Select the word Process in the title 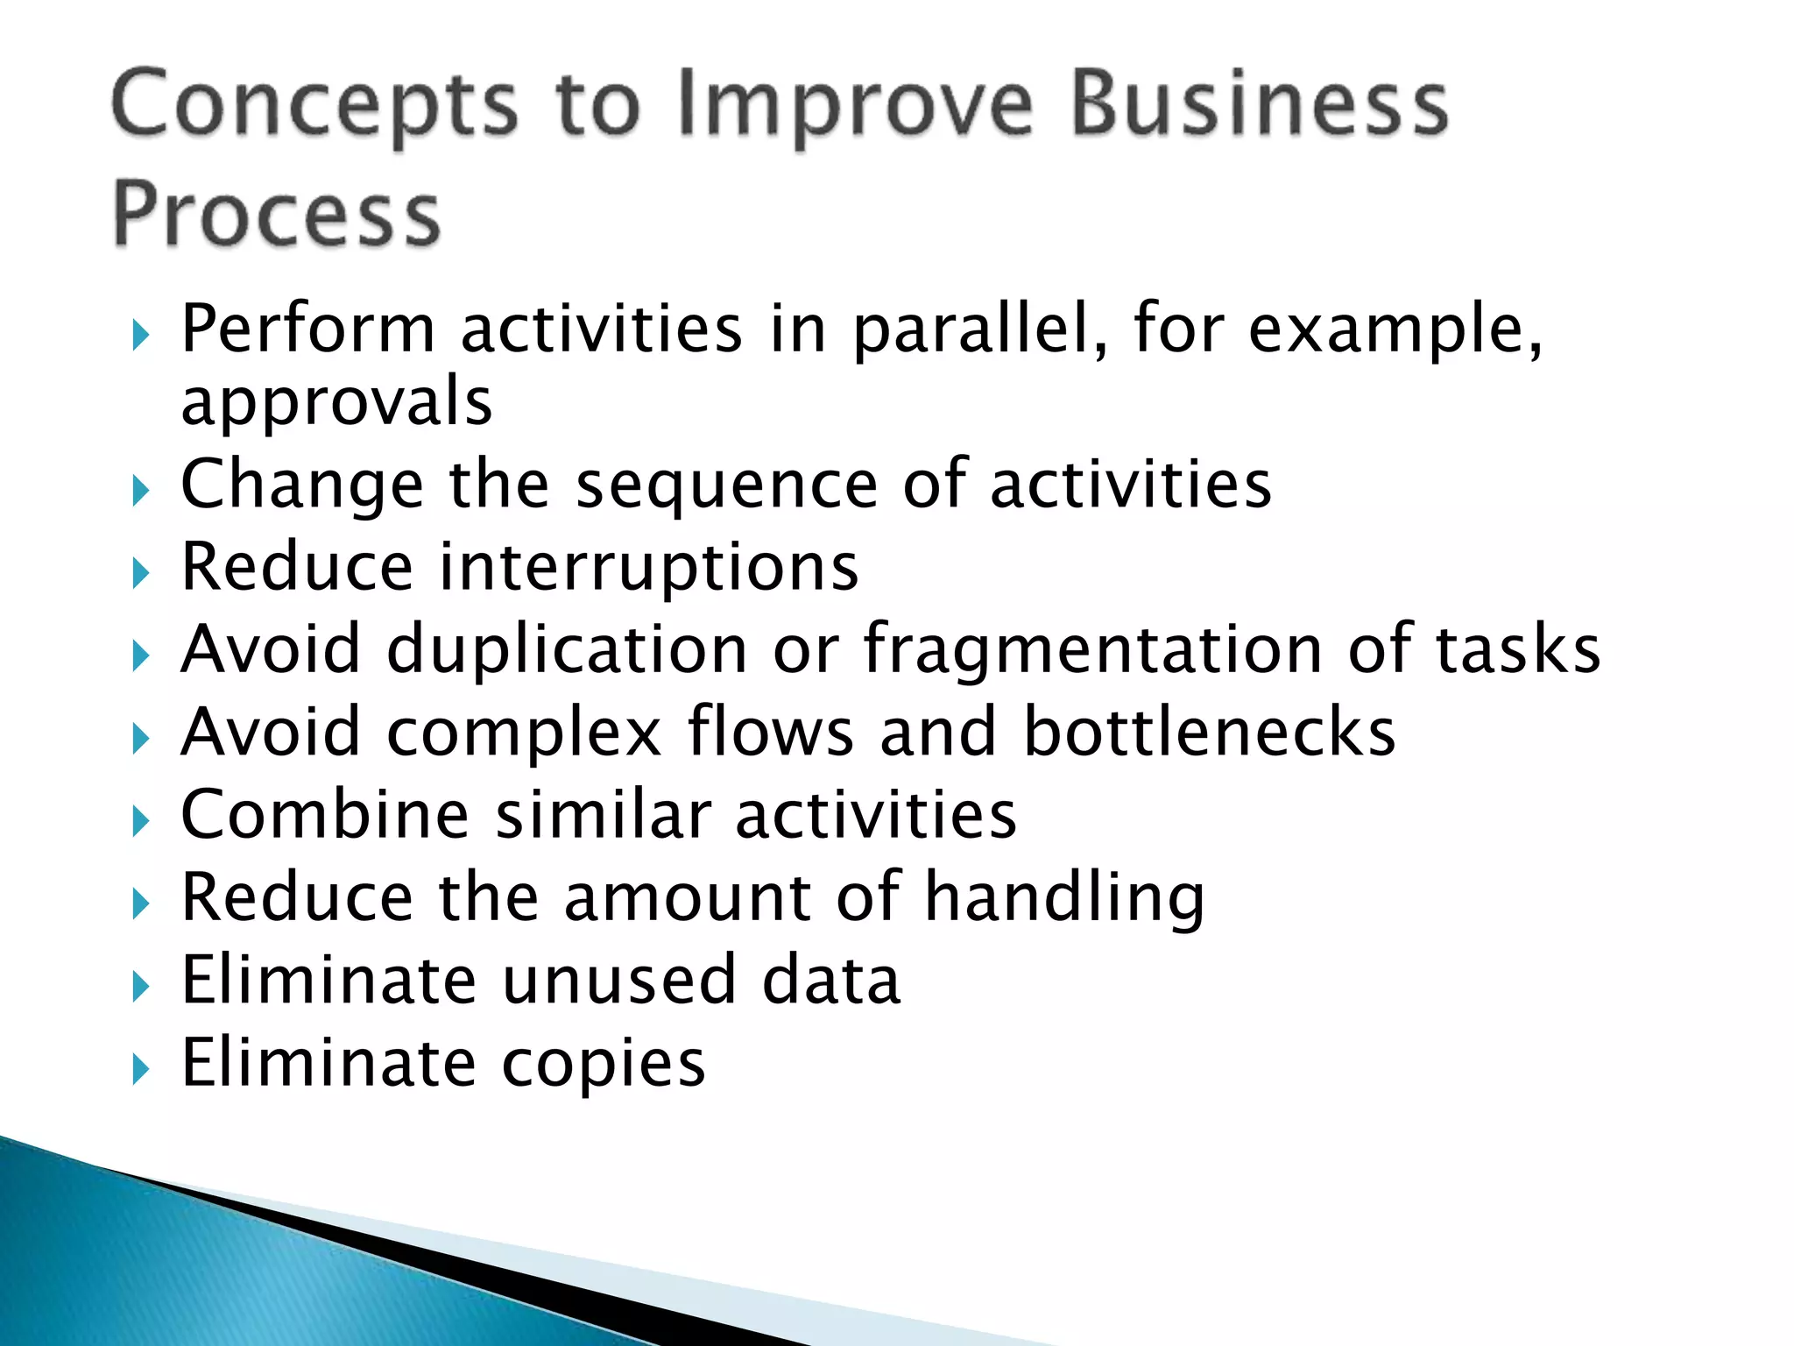(x=277, y=215)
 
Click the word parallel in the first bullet (x=981, y=330)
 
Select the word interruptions (x=648, y=568)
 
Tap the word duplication (x=567, y=650)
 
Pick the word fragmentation (x=1093, y=650)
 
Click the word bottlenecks (x=1209, y=733)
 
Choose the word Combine (x=325, y=815)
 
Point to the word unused (x=618, y=980)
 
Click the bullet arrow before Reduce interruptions (x=141, y=574)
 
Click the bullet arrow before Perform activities (x=141, y=335)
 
